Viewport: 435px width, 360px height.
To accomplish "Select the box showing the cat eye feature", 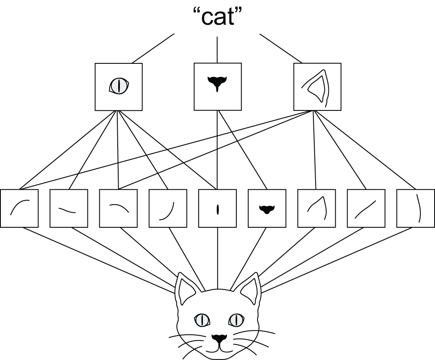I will click(x=118, y=86).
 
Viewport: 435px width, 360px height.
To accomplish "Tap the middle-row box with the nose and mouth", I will click(x=218, y=86).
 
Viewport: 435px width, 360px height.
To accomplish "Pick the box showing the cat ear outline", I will click(x=317, y=86).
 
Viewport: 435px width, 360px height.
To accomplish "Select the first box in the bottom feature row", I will click(x=20, y=208).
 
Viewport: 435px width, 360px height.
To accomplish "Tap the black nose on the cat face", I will click(x=219, y=338).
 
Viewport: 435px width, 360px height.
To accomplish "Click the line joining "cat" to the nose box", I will click(x=217, y=50).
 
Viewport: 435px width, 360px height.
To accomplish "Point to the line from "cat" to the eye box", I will click(x=153, y=48).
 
